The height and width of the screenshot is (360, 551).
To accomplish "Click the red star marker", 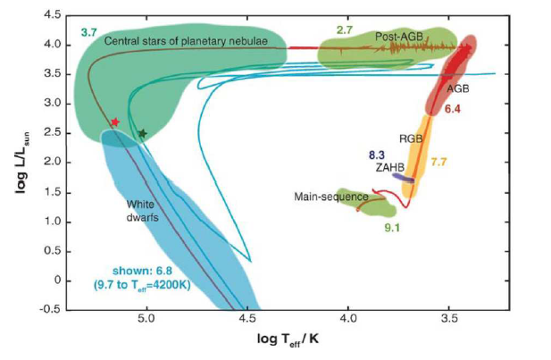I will coord(114,121).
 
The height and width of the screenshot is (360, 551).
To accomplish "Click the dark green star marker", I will coord(142,134).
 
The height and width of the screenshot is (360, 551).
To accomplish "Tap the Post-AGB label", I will coord(397,36).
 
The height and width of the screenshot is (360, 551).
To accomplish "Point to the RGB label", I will coord(411,138).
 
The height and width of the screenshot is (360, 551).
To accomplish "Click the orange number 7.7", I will coord(438,162).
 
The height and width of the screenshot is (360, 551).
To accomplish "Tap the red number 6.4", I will coord(452,108).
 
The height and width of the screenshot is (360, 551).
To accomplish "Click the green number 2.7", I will coord(346,30).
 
